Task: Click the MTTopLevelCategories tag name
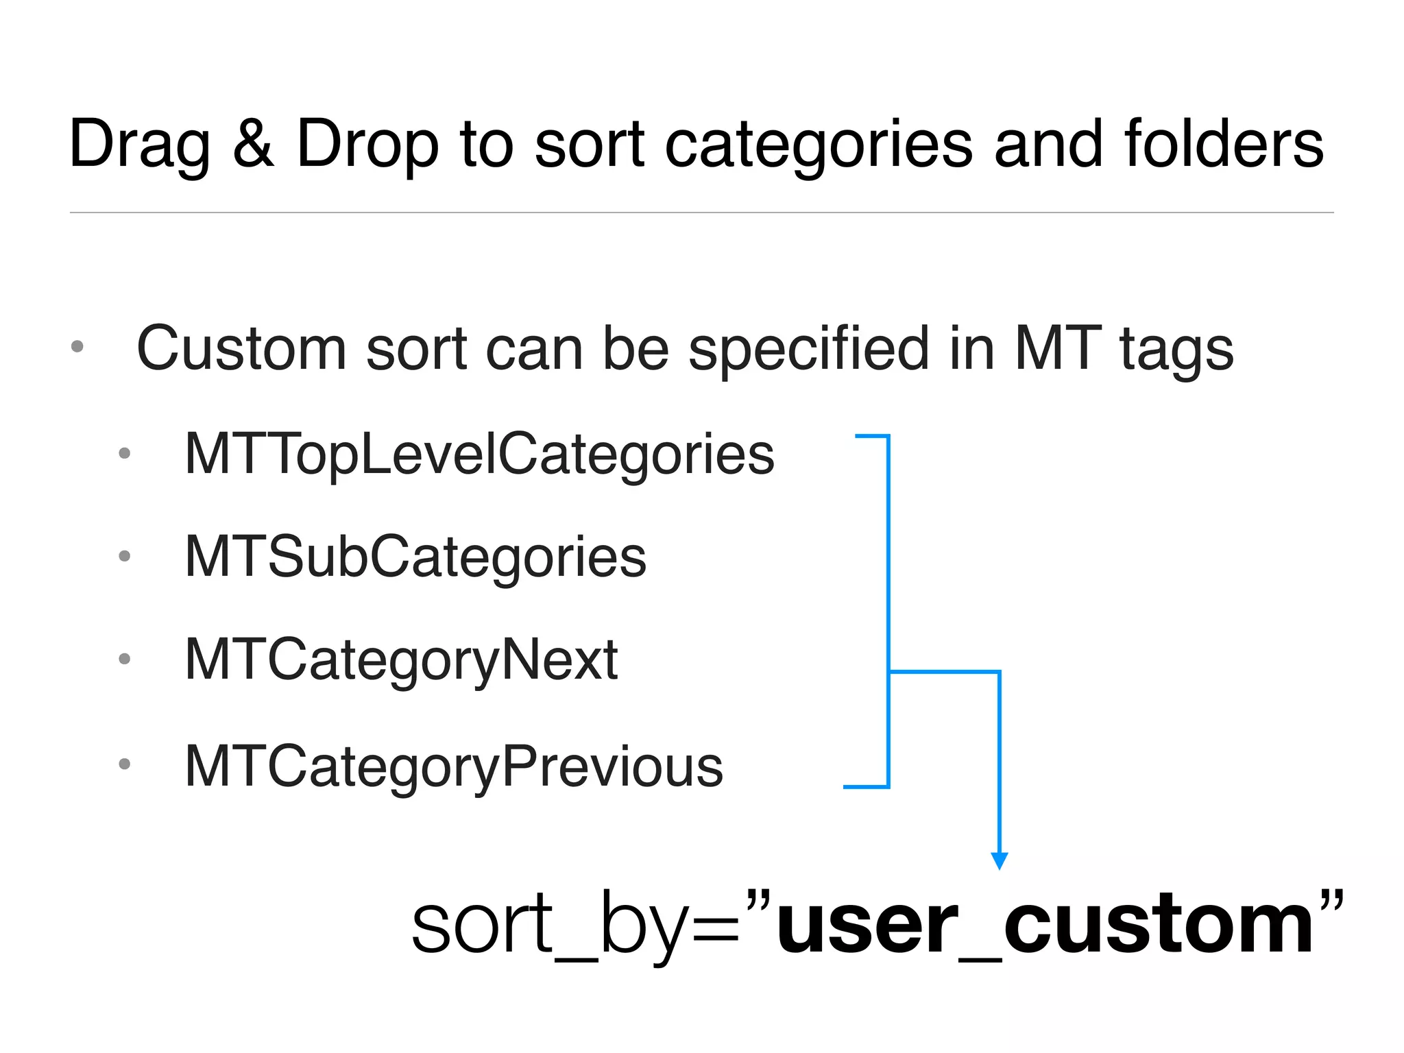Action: [480, 455]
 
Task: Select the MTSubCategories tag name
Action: [415, 557]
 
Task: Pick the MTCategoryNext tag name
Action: [402, 660]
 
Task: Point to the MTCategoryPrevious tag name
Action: [454, 766]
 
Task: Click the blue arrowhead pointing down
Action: [1000, 860]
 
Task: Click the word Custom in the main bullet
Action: [241, 348]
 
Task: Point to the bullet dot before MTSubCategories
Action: [124, 556]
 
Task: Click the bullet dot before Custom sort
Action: [77, 347]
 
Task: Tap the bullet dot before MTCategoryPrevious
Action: [124, 764]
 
